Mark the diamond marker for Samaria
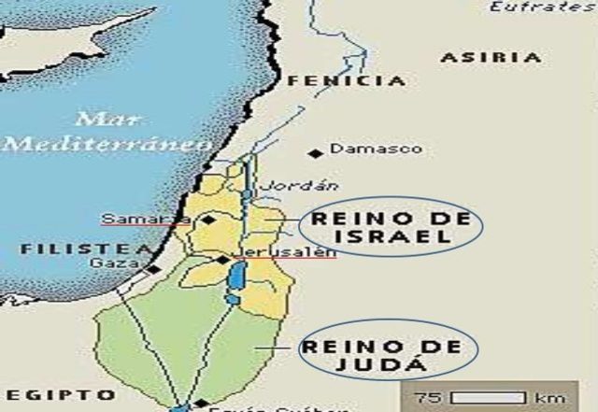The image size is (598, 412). click(x=209, y=220)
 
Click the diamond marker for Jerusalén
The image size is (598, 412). click(x=222, y=260)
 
